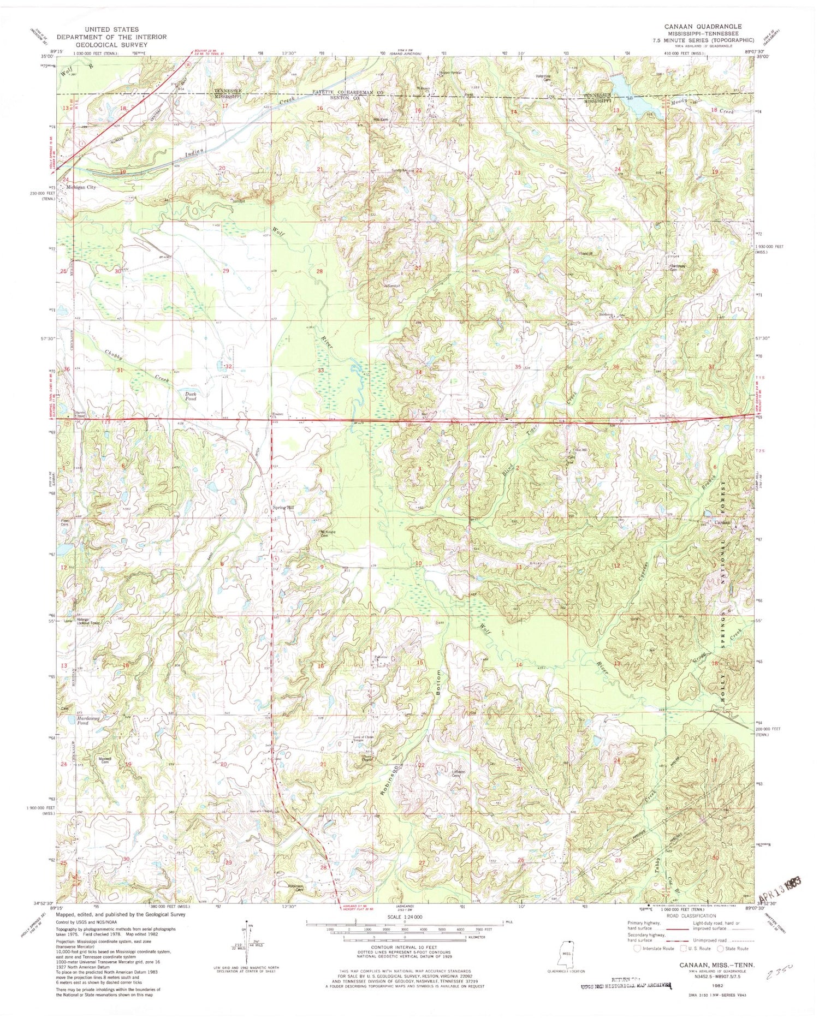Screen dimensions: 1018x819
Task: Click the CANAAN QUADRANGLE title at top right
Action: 703,26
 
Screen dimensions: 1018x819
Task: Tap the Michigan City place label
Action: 80,187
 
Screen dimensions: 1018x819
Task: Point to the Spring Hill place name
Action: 283,508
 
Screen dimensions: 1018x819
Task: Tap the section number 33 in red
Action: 321,371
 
